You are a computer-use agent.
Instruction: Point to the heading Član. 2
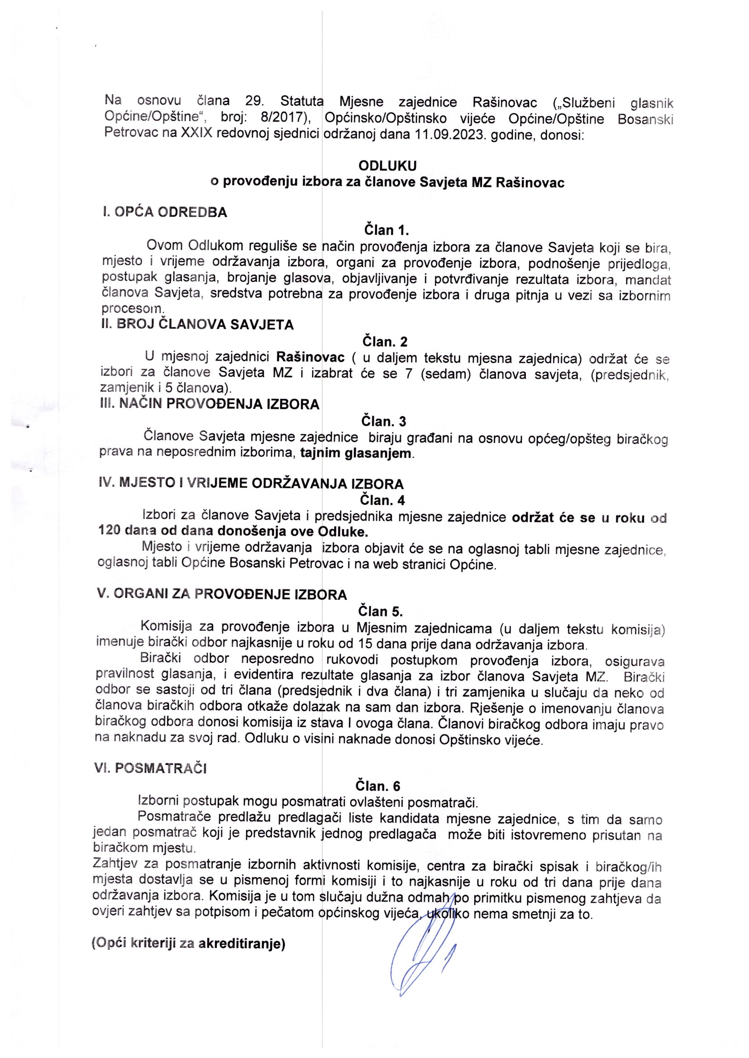point(385,342)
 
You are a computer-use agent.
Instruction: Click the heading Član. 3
point(384,421)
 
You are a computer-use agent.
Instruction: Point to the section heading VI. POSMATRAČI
point(150,769)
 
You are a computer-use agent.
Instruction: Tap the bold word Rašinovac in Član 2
point(310,357)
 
